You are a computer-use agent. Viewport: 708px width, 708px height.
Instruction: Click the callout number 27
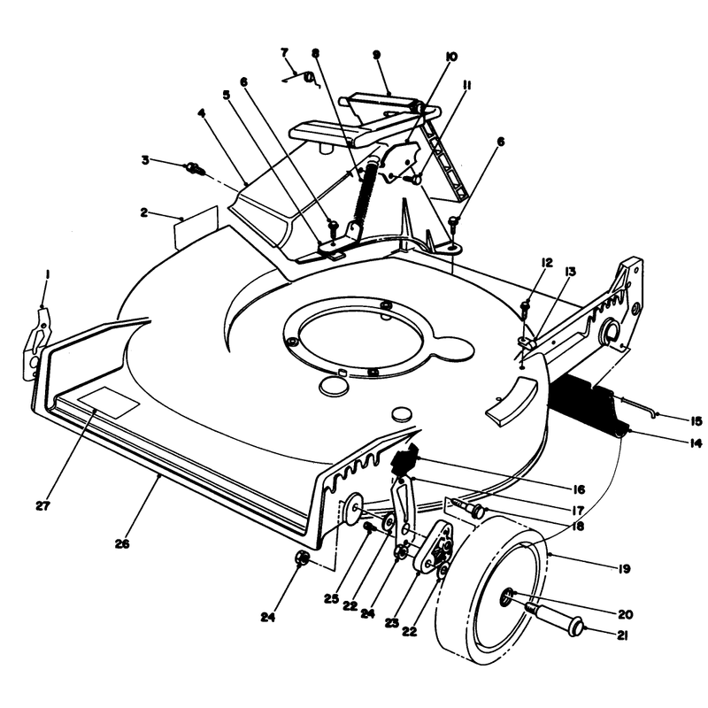tap(42, 505)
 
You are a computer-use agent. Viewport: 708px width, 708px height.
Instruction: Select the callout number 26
tap(122, 543)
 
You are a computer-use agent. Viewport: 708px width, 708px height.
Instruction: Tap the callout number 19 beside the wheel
tap(624, 569)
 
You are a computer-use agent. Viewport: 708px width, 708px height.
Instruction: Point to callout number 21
tap(622, 635)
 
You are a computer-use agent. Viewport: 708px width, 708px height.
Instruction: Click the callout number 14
tap(696, 443)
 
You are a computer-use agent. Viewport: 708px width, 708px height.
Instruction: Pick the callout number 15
tap(696, 421)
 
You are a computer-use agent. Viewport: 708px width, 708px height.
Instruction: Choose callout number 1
tap(47, 274)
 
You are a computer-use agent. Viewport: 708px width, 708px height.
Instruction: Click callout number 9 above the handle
tap(376, 55)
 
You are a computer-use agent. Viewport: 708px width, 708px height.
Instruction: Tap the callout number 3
tap(145, 160)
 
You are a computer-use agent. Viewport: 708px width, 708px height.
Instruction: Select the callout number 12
tap(547, 263)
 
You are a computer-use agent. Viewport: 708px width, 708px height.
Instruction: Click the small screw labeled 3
tap(196, 170)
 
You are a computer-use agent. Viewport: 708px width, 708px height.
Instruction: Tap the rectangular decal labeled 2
tap(196, 228)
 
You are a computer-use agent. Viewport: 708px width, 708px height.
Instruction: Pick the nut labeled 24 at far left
tap(301, 558)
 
